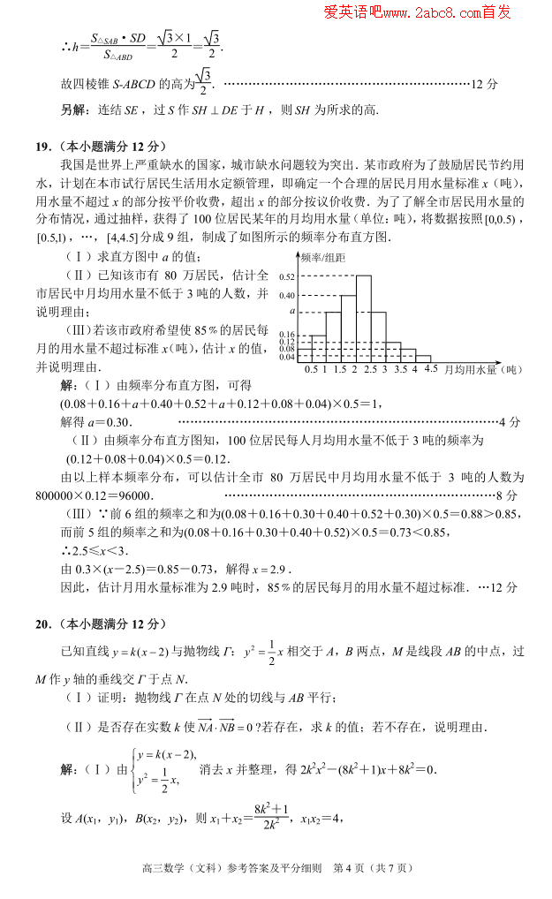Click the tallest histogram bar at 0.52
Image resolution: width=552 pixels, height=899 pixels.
(x=363, y=318)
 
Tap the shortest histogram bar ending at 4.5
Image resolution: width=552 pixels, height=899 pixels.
(x=423, y=359)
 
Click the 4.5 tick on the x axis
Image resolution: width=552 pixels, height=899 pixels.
(x=430, y=368)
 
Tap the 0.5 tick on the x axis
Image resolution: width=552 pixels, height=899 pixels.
(x=311, y=368)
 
